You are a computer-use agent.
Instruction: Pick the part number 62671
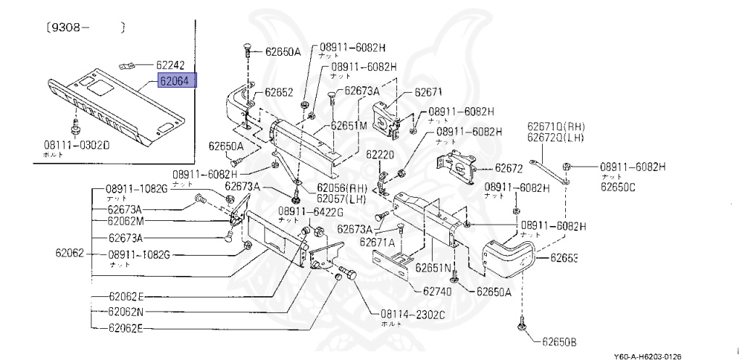(428, 93)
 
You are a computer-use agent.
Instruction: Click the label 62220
(379, 154)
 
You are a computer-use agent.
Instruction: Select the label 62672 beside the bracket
(509, 168)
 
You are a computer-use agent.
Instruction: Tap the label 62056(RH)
(341, 187)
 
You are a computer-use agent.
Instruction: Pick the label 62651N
(433, 267)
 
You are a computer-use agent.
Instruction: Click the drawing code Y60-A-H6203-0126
(647, 356)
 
